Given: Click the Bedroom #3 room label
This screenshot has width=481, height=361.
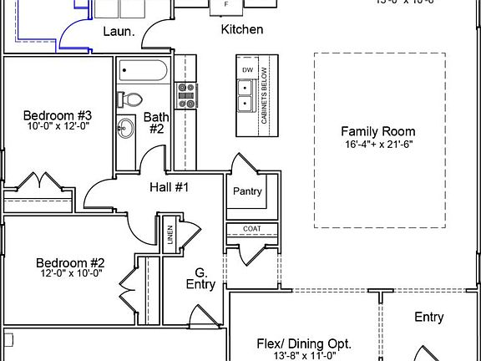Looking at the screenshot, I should click(57, 114).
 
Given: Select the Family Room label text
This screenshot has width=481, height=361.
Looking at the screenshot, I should click(377, 131).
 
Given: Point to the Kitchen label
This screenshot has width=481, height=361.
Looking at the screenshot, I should click(242, 30).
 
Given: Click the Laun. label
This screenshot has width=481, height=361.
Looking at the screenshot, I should click(119, 32).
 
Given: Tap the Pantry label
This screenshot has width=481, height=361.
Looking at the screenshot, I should click(247, 191).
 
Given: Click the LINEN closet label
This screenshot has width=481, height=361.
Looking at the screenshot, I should click(170, 234).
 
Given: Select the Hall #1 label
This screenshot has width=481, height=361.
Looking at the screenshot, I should click(170, 187).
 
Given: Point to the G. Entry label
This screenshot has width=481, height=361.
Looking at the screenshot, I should click(200, 278).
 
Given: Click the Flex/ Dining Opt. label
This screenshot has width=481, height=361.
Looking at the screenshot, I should click(303, 343).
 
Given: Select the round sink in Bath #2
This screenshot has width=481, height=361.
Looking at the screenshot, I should click(127, 129).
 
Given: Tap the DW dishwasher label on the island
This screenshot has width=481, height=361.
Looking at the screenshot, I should click(246, 69).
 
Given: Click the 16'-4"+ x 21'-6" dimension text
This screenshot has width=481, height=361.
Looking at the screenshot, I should click(377, 144).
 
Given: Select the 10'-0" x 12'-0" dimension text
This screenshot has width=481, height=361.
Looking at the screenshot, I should click(57, 126).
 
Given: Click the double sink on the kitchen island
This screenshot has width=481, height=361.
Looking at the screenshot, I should click(246, 95).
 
